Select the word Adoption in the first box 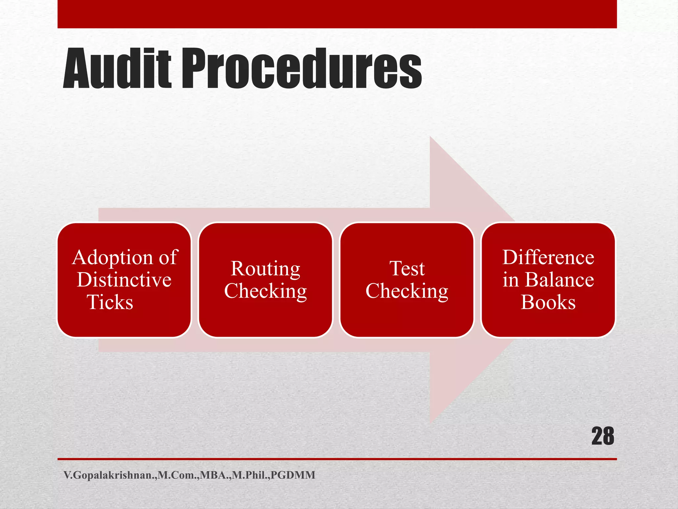(113, 258)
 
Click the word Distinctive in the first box (124, 280)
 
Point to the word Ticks (110, 302)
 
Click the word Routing (266, 269)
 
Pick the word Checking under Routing (266, 291)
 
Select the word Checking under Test (407, 291)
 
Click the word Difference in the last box (548, 257)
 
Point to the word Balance (559, 280)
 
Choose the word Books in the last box (548, 302)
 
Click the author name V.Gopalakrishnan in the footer (109, 475)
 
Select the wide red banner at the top (337, 14)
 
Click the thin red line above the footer (337, 459)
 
